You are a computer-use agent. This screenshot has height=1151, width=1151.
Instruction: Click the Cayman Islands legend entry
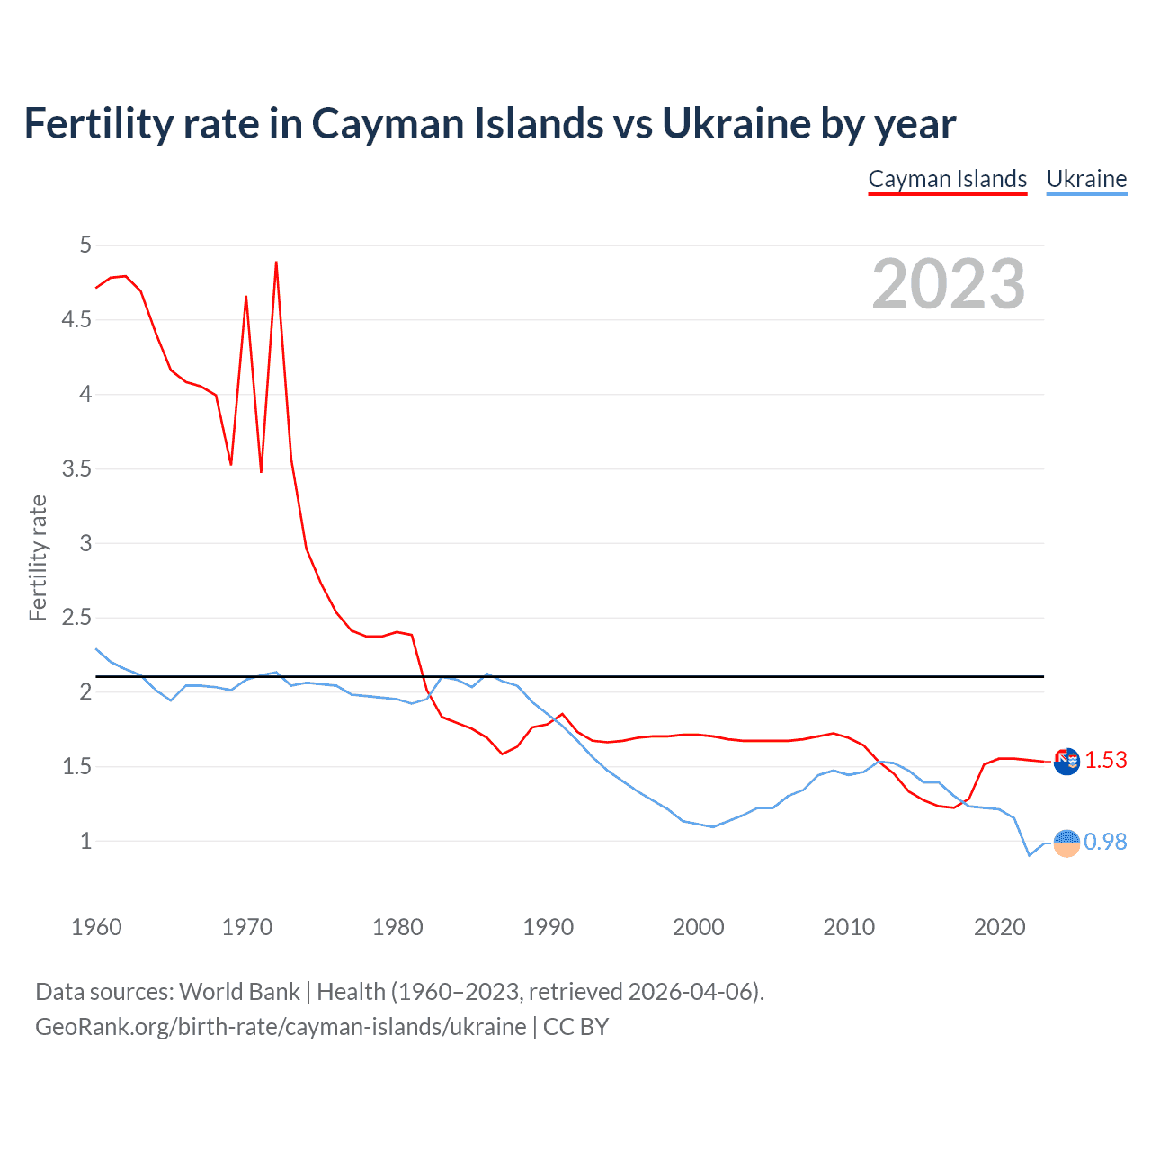[x=947, y=179]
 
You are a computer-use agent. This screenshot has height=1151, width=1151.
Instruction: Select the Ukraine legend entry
[x=1086, y=179]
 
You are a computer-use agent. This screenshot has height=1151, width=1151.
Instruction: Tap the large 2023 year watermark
[x=948, y=284]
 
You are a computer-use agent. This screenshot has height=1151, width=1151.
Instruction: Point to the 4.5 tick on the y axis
[x=76, y=320]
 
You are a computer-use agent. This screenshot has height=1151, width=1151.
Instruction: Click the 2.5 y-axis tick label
[x=76, y=618]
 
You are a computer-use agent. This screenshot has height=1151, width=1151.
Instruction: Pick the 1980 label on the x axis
[x=397, y=927]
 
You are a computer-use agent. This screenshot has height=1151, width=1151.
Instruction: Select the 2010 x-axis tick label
[x=848, y=927]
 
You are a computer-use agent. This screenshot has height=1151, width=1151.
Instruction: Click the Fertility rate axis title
[x=38, y=558]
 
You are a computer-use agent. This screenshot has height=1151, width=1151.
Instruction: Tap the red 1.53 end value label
[x=1105, y=761]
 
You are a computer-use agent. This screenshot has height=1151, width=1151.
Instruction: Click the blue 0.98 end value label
[x=1105, y=842]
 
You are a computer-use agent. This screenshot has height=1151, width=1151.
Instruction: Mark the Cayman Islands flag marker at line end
[x=1066, y=762]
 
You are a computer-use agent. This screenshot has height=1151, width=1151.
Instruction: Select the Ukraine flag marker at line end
[x=1066, y=843]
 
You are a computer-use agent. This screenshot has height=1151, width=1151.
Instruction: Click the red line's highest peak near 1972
[x=276, y=263]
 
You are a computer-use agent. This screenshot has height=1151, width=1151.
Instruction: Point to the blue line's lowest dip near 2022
[x=1029, y=854]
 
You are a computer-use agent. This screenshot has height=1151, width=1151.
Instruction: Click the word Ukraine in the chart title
[x=736, y=124]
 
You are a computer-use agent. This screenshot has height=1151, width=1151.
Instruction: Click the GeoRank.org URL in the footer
[x=281, y=1027]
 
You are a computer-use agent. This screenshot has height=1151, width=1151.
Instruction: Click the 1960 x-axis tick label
[x=96, y=927]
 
